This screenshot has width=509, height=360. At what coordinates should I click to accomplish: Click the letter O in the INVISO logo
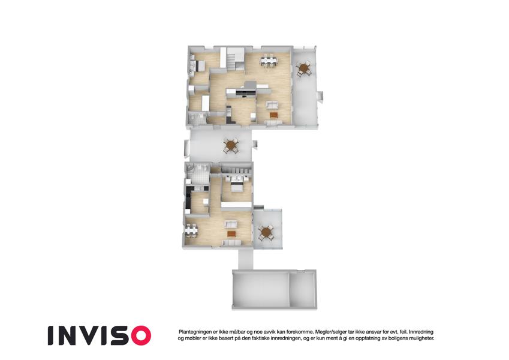[139, 335]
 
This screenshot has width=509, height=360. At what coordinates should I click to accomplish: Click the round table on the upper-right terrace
[304, 68]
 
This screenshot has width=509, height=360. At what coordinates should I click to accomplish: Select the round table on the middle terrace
[231, 145]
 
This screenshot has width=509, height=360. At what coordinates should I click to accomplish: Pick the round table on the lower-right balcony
[266, 232]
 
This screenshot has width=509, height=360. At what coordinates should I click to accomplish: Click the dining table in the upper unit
[269, 61]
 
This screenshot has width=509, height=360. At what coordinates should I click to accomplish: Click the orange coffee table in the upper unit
[273, 115]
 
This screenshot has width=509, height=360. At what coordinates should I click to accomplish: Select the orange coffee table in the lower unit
[231, 233]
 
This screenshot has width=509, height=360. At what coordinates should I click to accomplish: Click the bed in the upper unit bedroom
[198, 66]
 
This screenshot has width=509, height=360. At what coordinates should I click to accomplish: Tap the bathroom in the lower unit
[198, 174]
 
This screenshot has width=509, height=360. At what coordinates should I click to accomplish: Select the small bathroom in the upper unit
[197, 118]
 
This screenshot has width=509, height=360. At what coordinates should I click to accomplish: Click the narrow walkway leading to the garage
[245, 259]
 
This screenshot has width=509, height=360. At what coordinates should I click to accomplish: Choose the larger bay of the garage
[261, 290]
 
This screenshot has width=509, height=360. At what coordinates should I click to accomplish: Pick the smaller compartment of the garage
[303, 290]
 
